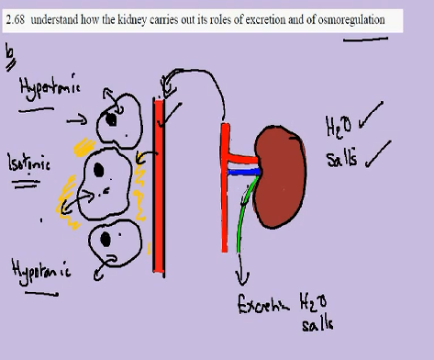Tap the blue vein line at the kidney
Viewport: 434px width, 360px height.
[242, 172]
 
